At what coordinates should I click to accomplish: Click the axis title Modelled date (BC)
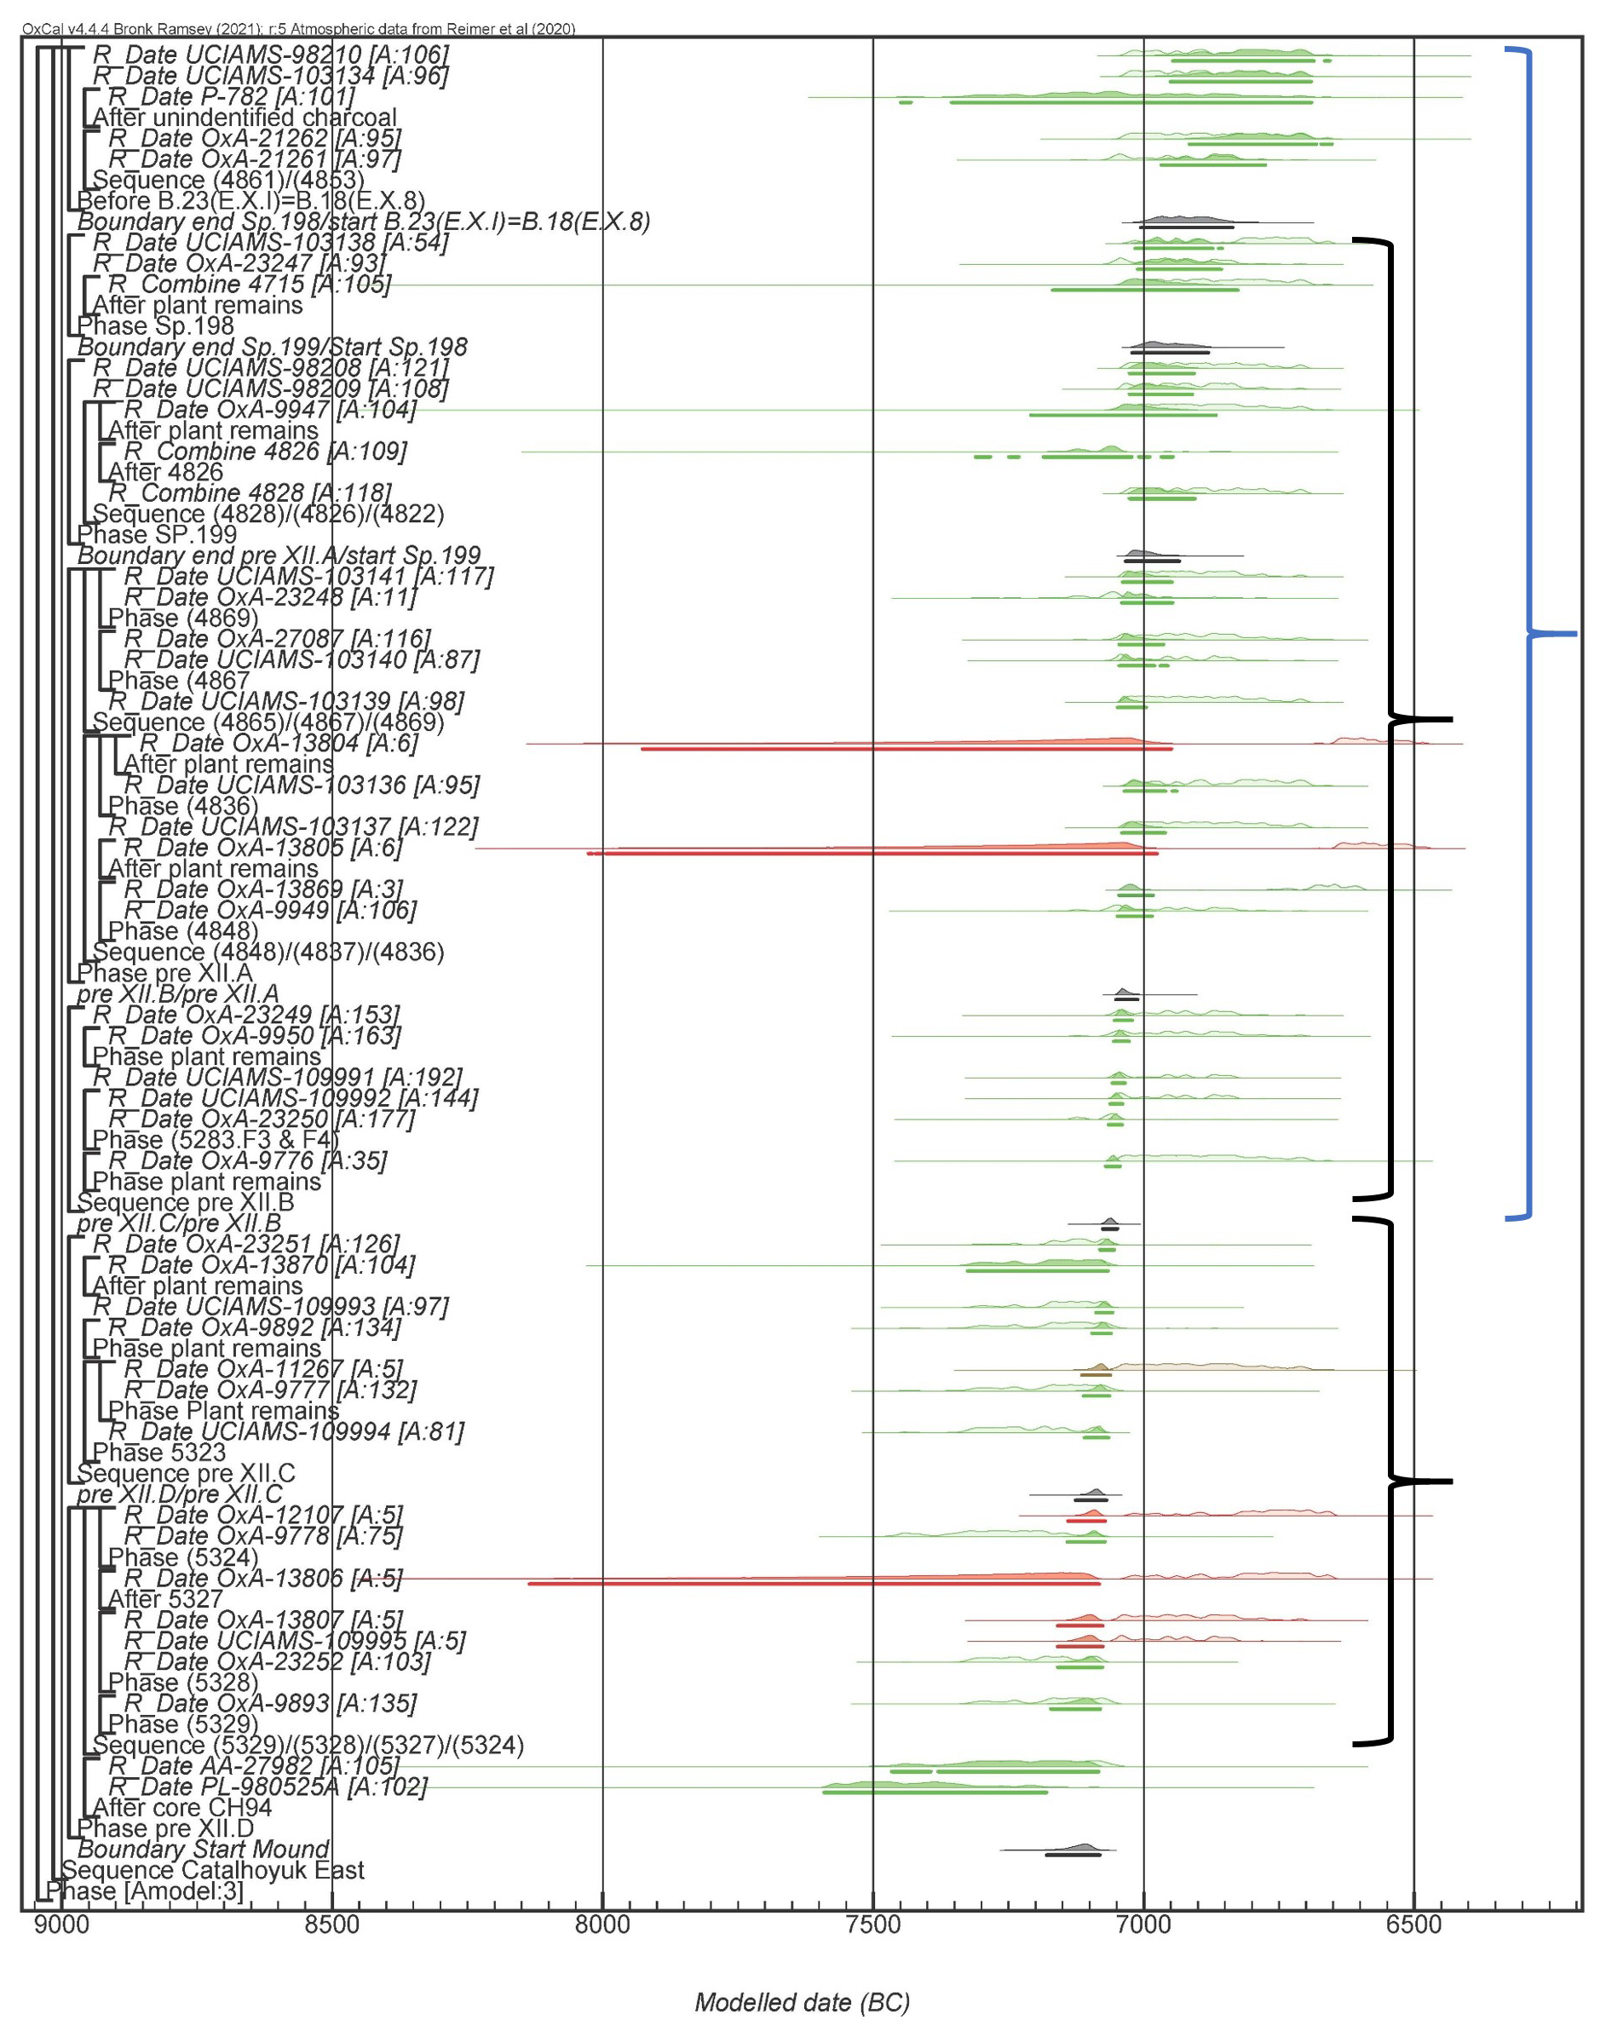[x=802, y=2002]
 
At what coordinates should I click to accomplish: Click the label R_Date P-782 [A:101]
[x=231, y=97]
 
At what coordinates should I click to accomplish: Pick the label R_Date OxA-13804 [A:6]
[x=272, y=744]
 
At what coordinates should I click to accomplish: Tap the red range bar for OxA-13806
[x=814, y=1584]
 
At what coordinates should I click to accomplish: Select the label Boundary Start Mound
[x=203, y=1850]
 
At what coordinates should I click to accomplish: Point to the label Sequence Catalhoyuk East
[x=212, y=1871]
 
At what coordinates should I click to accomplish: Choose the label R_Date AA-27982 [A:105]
[x=254, y=1766]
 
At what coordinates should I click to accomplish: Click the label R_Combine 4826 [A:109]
[x=265, y=452]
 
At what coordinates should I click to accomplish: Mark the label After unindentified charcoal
[x=245, y=118]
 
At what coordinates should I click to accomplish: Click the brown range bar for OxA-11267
[x=1096, y=1375]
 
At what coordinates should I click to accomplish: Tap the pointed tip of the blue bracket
[x=1576, y=635]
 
